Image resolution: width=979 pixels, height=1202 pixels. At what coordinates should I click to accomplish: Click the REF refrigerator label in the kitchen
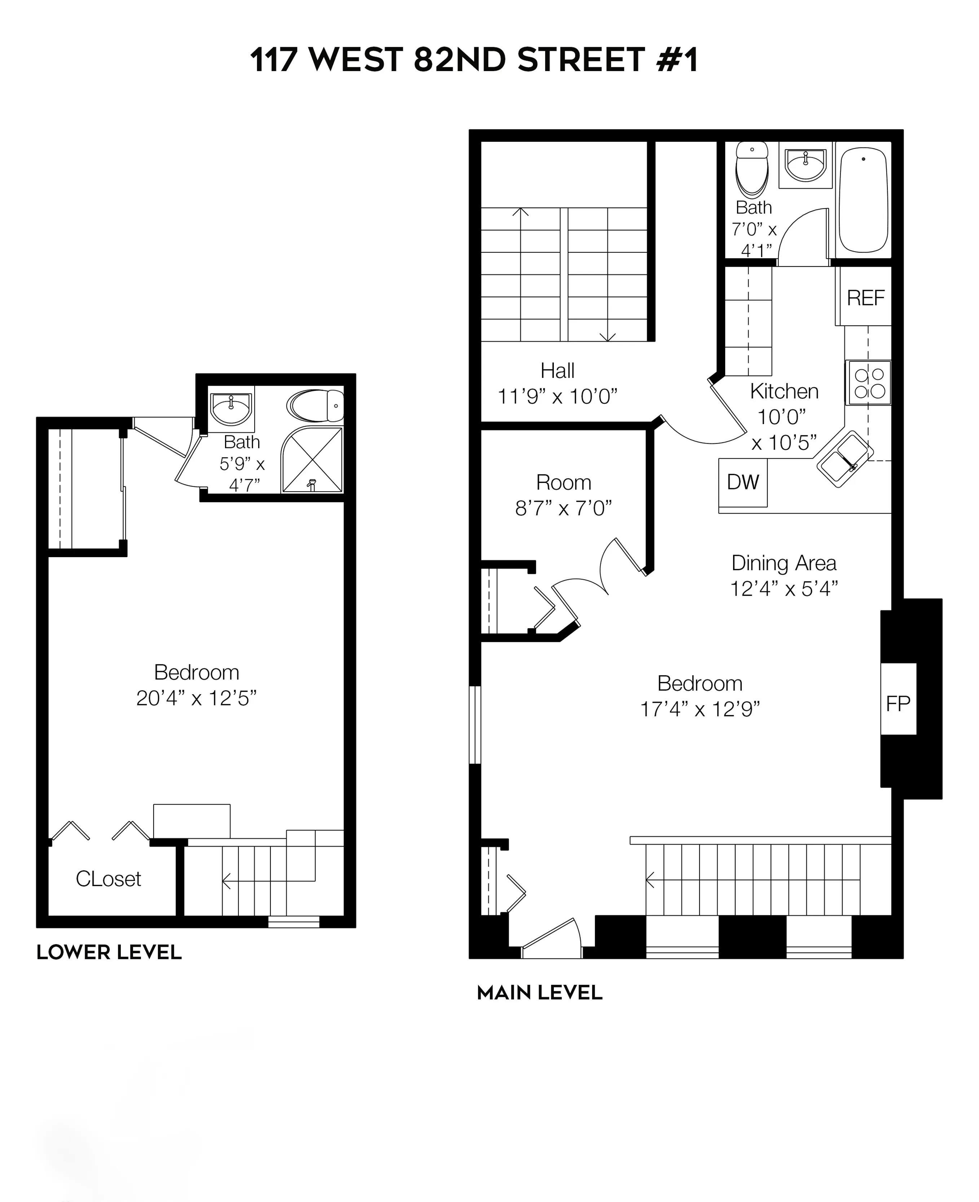[x=866, y=298]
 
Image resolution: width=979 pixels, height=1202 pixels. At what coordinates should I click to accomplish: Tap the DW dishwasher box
[x=743, y=482]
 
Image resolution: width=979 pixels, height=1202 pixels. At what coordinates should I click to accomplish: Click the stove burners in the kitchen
[x=868, y=383]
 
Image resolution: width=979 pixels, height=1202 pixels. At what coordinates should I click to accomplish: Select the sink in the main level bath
[x=806, y=165]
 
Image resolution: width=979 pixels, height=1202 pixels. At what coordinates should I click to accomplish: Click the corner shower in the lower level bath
[x=312, y=460]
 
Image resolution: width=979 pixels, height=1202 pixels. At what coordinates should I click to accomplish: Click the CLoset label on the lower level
[x=108, y=879]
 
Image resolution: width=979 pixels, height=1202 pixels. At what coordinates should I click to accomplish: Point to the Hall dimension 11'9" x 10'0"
[x=557, y=397]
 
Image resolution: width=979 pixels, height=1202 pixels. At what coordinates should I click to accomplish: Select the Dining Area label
[x=783, y=563]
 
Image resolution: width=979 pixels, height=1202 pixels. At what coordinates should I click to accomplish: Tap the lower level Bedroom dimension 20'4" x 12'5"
[x=196, y=698]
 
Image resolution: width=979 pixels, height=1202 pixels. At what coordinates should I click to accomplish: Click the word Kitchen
[x=784, y=391]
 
